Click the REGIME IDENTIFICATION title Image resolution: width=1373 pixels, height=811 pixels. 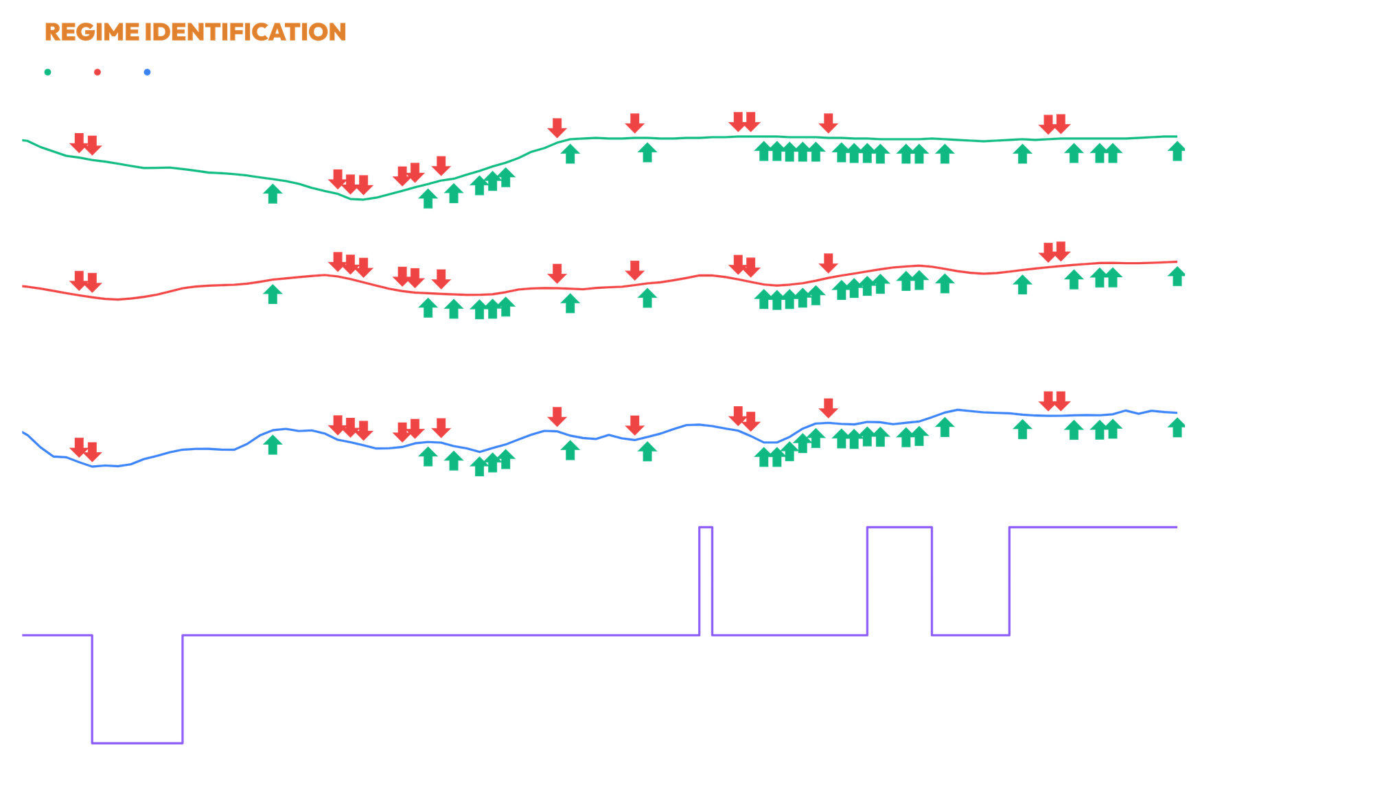coord(196,32)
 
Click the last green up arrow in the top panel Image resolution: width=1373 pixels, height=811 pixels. coord(1176,151)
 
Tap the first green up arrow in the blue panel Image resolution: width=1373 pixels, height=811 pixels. coord(273,444)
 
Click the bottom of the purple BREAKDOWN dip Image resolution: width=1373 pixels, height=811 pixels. coord(137,742)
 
